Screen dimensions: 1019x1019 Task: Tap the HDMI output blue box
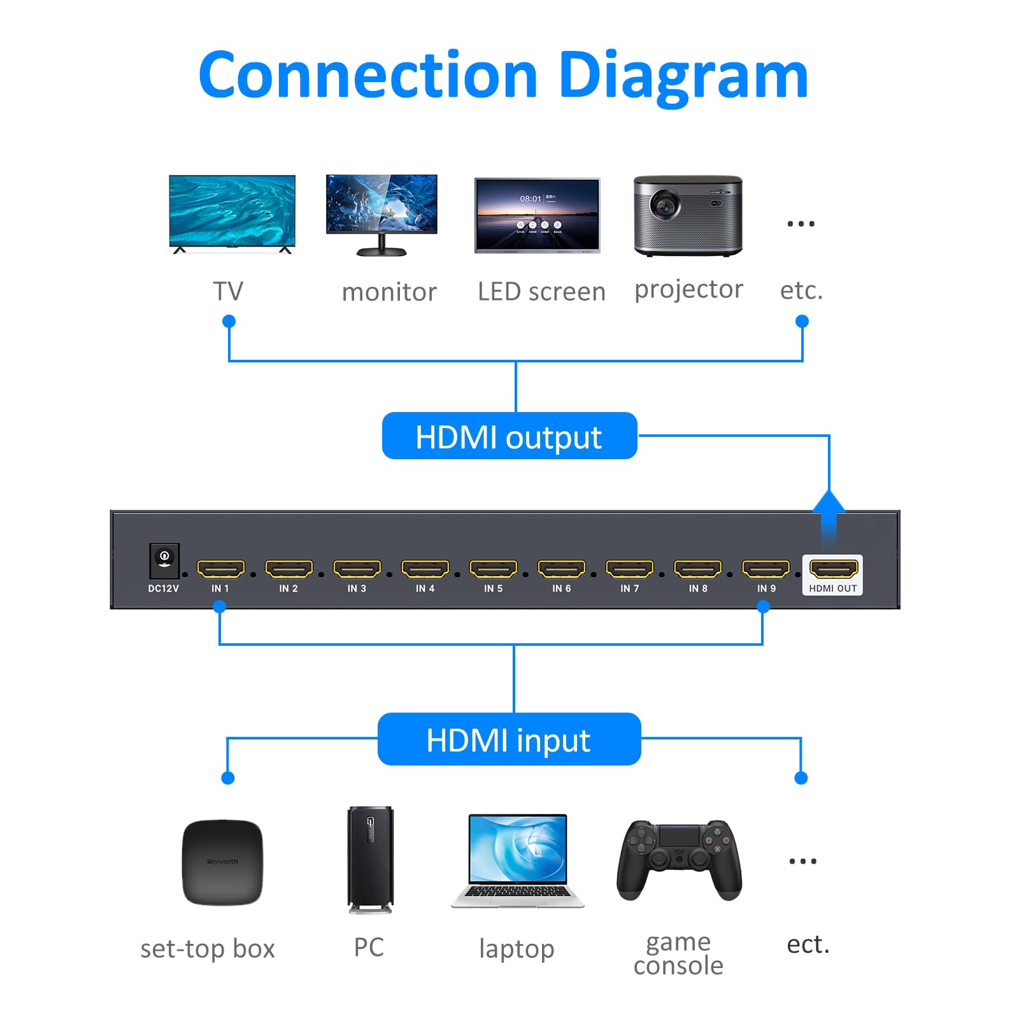pyautogui.click(x=509, y=436)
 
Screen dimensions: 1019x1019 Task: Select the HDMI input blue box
pyautogui.click(x=509, y=739)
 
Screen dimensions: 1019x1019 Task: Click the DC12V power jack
pyautogui.click(x=164, y=559)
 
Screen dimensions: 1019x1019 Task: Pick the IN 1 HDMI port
pyautogui.click(x=220, y=568)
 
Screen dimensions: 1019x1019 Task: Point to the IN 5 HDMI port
pyautogui.click(x=493, y=568)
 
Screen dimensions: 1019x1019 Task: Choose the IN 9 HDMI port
pyautogui.click(x=766, y=568)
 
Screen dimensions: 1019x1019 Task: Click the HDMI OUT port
pyautogui.click(x=833, y=568)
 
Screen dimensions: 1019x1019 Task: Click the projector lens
pyautogui.click(x=665, y=206)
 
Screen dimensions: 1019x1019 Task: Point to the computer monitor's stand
pyautogui.click(x=381, y=247)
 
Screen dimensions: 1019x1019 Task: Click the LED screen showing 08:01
pyautogui.click(x=537, y=215)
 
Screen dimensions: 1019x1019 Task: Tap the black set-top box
pyautogui.click(x=222, y=862)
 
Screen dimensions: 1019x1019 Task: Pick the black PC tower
pyautogui.click(x=370, y=859)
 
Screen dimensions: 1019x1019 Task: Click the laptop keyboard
pyautogui.click(x=517, y=892)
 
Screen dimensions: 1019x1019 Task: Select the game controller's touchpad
pyautogui.click(x=679, y=835)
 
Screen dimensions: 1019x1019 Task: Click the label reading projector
pyautogui.click(x=688, y=289)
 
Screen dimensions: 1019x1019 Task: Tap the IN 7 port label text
pyautogui.click(x=629, y=588)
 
